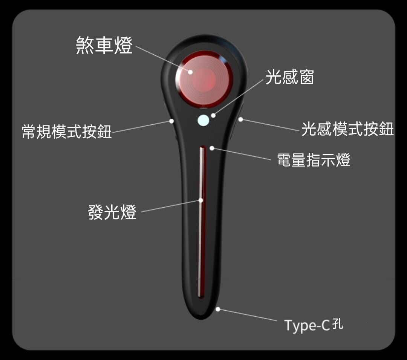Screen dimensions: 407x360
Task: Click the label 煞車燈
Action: (x=104, y=46)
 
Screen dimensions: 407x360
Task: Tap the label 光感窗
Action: (x=289, y=78)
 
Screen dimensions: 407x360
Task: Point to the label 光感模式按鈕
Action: (x=347, y=129)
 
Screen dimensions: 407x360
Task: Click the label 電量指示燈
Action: (x=314, y=160)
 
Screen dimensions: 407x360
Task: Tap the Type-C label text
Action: (x=307, y=325)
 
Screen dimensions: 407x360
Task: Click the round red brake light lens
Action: (x=203, y=78)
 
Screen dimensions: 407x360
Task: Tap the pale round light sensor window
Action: (x=203, y=120)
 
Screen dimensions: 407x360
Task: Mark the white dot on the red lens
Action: (x=191, y=72)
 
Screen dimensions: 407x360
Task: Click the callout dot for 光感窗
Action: (x=213, y=115)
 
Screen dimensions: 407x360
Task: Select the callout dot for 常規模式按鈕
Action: (x=171, y=121)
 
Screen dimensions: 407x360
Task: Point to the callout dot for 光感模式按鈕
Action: (x=240, y=119)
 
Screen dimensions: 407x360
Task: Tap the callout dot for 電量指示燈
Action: (x=212, y=148)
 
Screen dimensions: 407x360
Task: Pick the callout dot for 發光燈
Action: (x=201, y=200)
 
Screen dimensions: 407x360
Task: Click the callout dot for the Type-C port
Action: (x=218, y=309)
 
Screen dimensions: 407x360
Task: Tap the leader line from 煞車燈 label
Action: (x=162, y=59)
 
